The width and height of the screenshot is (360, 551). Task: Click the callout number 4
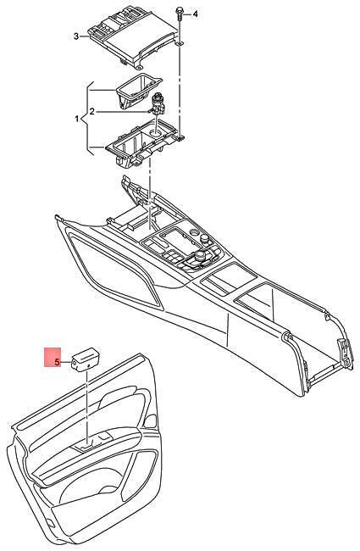[196, 14]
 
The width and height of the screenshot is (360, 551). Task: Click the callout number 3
[76, 36]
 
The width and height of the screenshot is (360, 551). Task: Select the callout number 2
[92, 112]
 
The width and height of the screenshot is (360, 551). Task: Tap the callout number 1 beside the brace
[77, 120]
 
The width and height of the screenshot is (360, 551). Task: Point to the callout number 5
[58, 362]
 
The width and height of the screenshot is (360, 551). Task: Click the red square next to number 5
[53, 357]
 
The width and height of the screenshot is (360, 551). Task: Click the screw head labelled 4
[180, 11]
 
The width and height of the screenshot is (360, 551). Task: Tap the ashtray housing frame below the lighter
[143, 142]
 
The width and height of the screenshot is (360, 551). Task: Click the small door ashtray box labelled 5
[86, 359]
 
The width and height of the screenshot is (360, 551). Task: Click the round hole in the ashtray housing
[155, 133]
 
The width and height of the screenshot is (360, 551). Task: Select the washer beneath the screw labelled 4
[180, 43]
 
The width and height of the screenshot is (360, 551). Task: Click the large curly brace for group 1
[87, 119]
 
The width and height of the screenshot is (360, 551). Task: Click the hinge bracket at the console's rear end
[346, 353]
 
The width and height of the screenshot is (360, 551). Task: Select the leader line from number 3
[84, 36]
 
